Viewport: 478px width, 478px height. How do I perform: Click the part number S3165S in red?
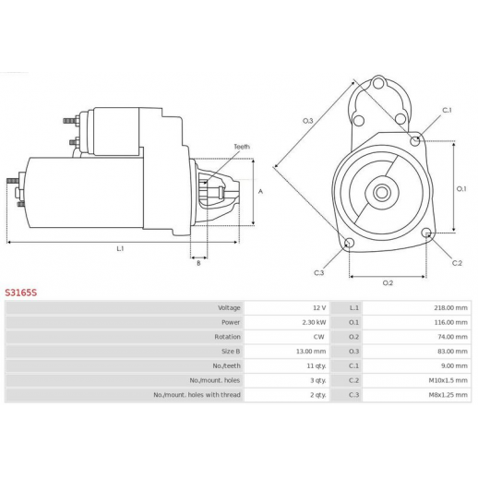pos(21,293)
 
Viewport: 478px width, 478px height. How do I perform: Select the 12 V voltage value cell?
pos(319,308)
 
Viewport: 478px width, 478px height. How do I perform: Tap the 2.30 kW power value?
pos(314,322)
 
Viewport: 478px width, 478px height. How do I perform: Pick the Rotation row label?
pos(227,337)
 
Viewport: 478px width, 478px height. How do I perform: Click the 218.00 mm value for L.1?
pos(450,308)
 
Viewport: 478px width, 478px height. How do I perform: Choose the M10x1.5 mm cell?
pos(448,380)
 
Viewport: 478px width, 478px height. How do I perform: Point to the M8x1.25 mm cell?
pos(448,395)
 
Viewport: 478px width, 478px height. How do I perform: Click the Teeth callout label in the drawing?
pos(242,147)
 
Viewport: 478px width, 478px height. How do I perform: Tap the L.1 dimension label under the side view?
pos(120,248)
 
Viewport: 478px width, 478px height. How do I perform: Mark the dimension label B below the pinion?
pos(198,263)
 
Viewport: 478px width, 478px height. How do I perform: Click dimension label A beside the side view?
pos(260,192)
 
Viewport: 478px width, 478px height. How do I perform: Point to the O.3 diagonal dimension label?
pos(308,121)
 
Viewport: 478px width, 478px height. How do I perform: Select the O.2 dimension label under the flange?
pos(388,283)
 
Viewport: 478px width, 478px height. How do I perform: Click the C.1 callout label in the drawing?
pos(447,110)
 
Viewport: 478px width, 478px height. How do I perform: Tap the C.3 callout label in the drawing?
pos(319,273)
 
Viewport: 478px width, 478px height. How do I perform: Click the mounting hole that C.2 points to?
pos(426,233)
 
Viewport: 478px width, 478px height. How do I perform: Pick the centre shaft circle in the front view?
pos(382,193)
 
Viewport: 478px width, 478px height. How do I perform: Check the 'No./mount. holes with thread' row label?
pos(197,395)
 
